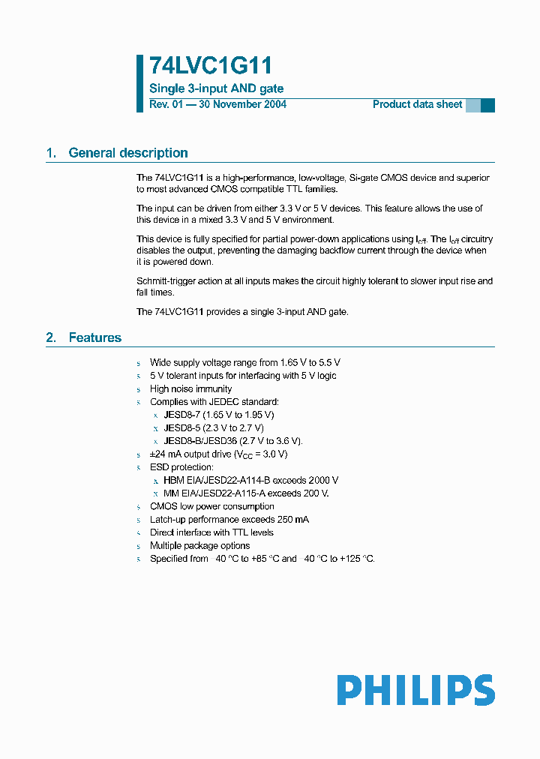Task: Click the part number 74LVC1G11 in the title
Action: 210,67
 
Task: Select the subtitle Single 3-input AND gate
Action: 216,88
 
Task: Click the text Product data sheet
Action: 417,104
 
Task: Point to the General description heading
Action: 127,153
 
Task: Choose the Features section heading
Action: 94,337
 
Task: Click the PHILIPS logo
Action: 415,690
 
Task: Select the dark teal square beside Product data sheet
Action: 487,105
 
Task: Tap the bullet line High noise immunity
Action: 190,388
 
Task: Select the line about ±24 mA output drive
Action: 218,454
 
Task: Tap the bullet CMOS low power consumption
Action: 211,506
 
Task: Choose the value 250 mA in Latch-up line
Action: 292,519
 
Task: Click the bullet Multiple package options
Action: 199,545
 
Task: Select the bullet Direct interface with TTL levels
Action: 211,532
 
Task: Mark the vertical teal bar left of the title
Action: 139,83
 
